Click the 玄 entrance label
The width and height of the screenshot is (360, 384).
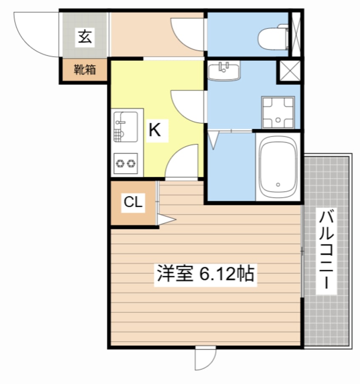click(x=84, y=37)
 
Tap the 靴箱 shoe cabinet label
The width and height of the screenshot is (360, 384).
click(x=85, y=70)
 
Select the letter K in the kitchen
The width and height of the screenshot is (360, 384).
click(x=154, y=130)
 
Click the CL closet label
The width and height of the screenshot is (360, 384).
click(x=132, y=202)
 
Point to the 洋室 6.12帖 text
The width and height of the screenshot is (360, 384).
click(x=205, y=274)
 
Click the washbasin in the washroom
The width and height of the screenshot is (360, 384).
click(x=224, y=70)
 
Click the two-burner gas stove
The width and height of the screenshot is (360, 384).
click(x=126, y=162)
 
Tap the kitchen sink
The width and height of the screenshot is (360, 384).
click(x=126, y=127)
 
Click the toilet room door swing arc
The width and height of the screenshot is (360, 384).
click(x=187, y=34)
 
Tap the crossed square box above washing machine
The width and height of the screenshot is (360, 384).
click(x=289, y=71)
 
